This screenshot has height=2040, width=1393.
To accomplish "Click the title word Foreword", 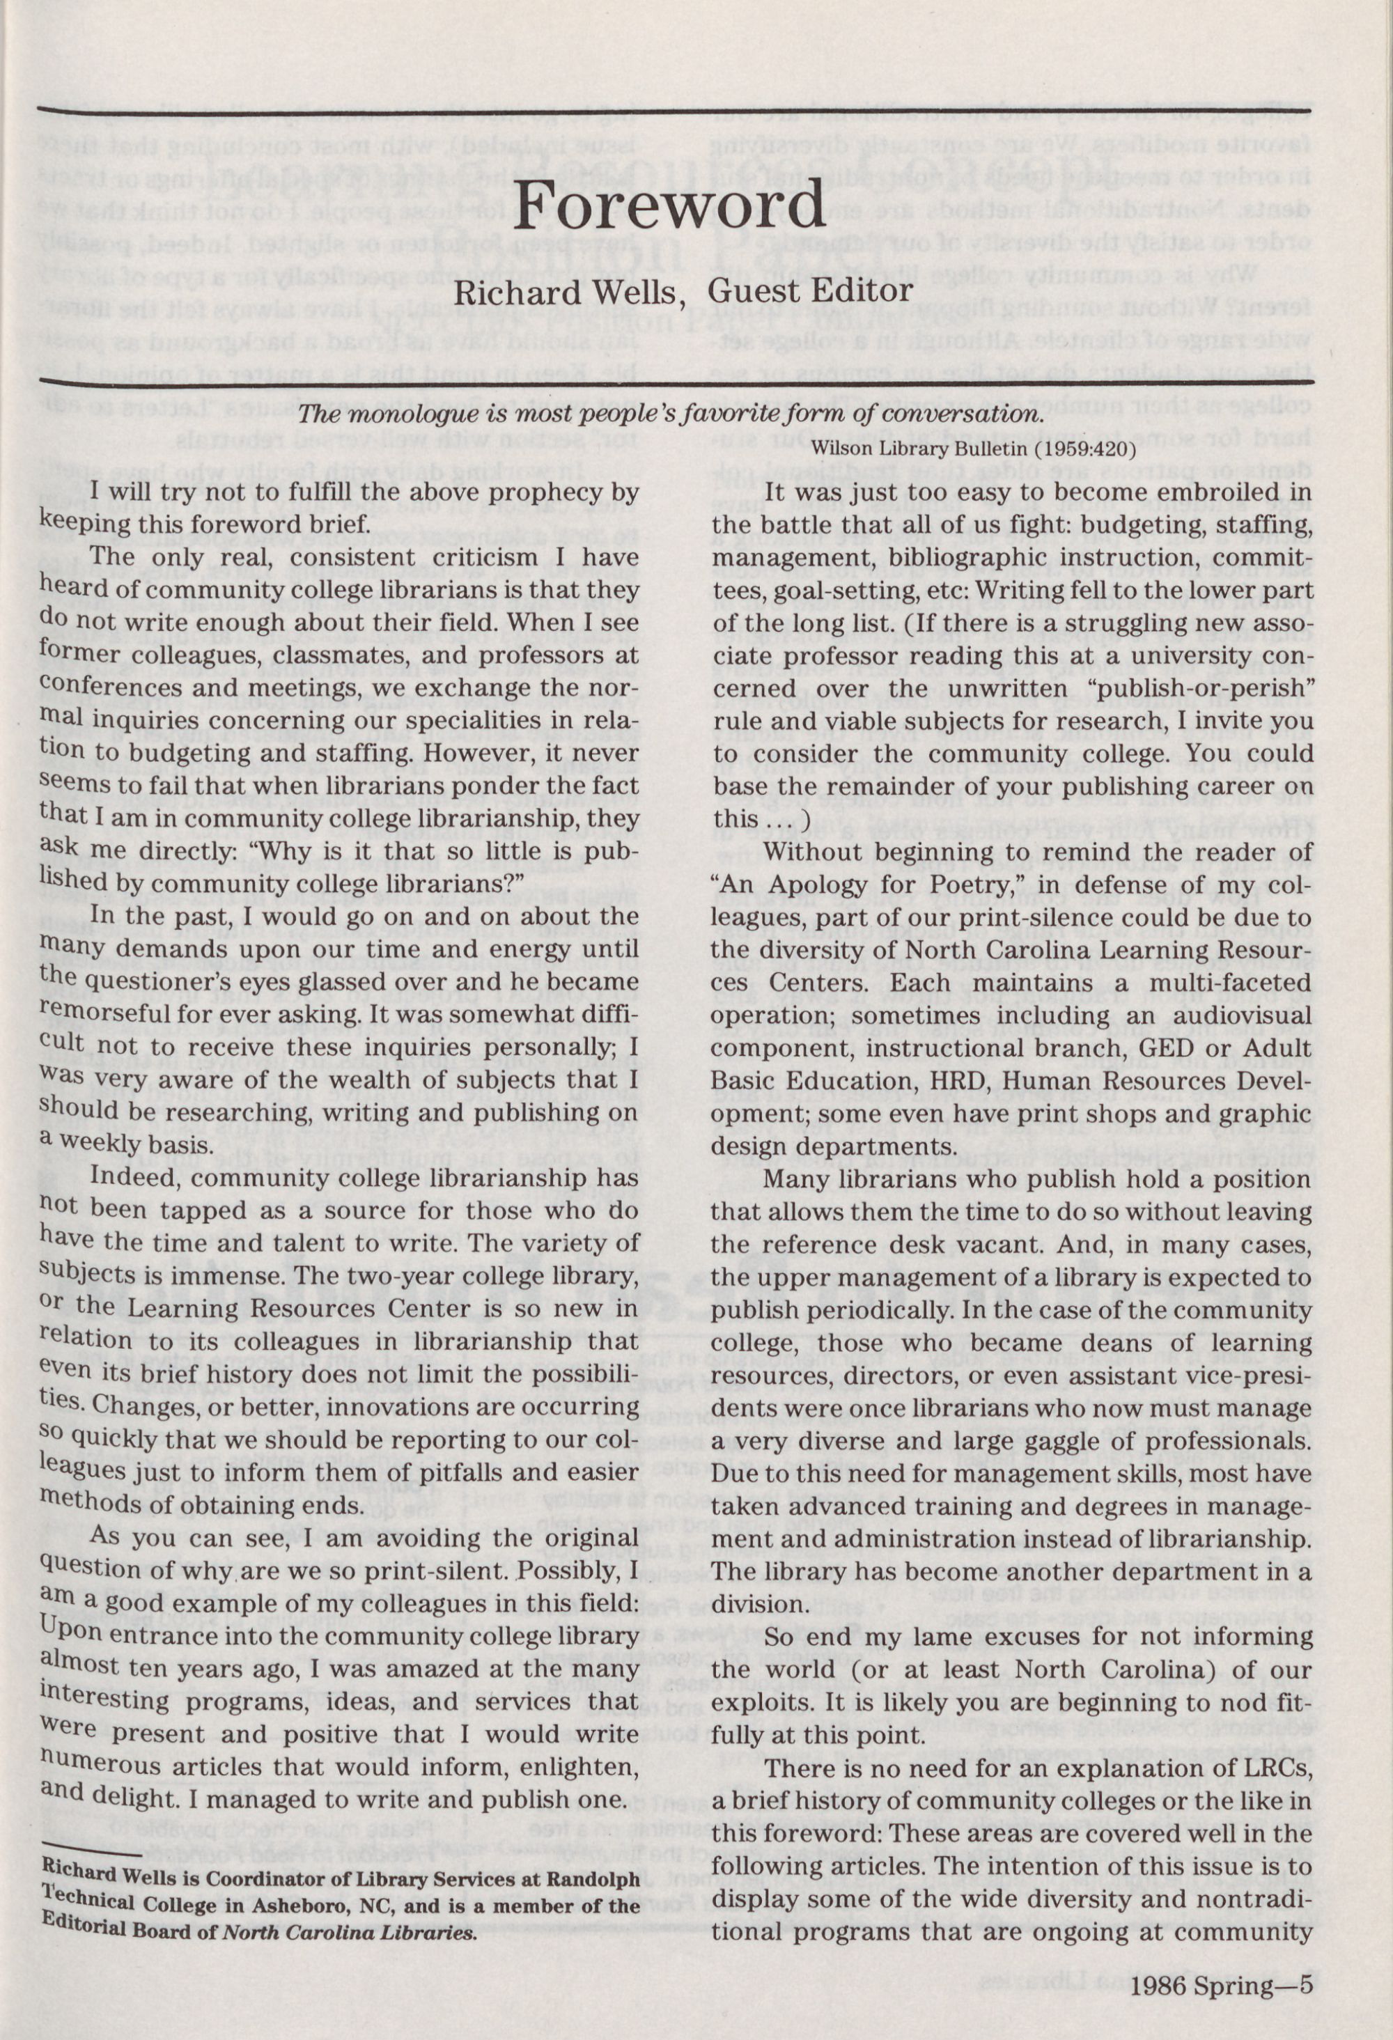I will pyautogui.click(x=670, y=206).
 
